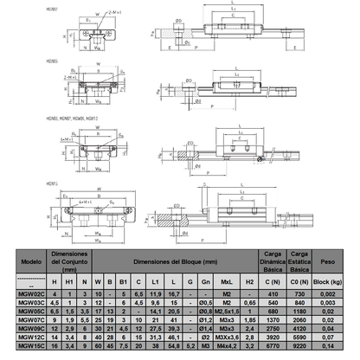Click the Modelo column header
pos(30,260)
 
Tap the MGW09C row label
pos(30,329)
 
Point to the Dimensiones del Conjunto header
pos(67,260)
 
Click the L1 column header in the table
pos(156,281)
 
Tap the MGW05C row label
pos(30,312)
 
